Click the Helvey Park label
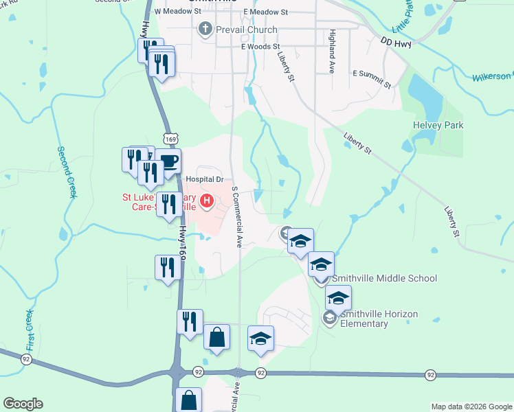(x=438, y=125)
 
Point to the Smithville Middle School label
(x=384, y=278)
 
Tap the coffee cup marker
(x=168, y=161)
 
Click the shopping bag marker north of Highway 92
(x=217, y=337)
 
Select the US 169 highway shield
(x=171, y=138)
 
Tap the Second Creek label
(x=66, y=172)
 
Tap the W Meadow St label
(x=177, y=12)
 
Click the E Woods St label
(x=260, y=47)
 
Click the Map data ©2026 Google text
(x=471, y=407)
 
